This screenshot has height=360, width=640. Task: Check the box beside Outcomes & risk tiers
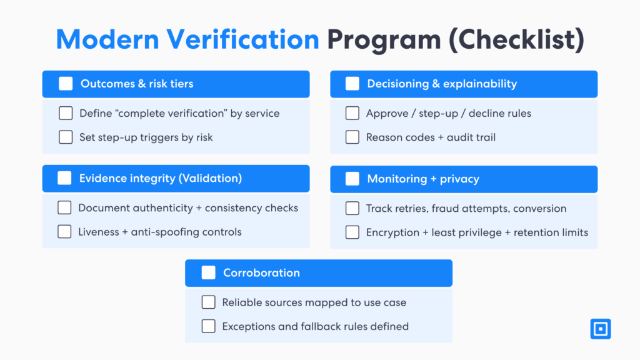tap(66, 84)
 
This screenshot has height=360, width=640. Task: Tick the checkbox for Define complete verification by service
tap(66, 113)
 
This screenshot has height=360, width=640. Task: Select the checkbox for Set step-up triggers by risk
tap(66, 137)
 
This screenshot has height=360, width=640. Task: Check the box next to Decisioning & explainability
tap(352, 84)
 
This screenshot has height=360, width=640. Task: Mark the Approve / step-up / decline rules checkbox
tap(352, 113)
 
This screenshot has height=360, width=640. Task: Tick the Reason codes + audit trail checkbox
tap(352, 137)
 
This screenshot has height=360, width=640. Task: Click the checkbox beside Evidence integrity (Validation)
tap(64, 178)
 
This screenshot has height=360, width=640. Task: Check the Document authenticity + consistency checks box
tap(64, 207)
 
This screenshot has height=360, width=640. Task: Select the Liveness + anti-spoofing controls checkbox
tap(64, 231)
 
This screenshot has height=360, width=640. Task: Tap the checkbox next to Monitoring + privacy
tap(352, 179)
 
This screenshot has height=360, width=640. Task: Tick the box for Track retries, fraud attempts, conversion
tap(352, 208)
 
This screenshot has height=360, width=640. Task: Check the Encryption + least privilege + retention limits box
tap(352, 232)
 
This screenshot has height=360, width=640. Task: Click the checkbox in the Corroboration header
tap(208, 272)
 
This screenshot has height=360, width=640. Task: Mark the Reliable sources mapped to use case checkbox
tap(208, 302)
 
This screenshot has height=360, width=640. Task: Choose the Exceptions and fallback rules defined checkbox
tap(208, 326)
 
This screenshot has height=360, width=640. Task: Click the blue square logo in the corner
tap(601, 329)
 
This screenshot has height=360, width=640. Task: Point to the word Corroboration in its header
tap(261, 272)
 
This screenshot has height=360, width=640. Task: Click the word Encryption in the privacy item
tap(392, 232)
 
